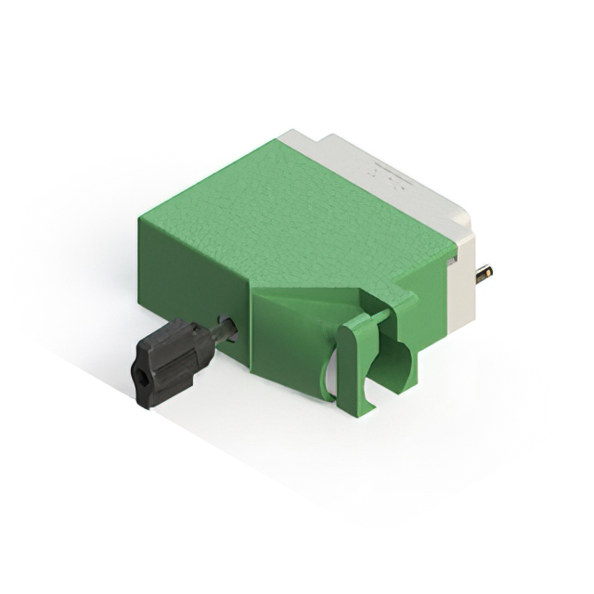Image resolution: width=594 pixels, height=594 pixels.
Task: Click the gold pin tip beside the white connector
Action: (x=484, y=274)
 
